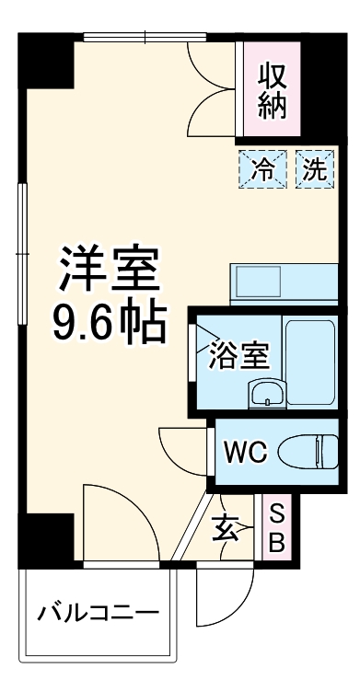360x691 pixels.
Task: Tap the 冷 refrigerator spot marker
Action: pos(263,168)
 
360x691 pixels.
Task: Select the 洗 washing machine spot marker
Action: pos(314,168)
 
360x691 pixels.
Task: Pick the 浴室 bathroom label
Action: pos(238,355)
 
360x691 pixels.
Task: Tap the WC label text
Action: pos(247,452)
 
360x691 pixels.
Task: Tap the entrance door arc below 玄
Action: pos(224,582)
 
